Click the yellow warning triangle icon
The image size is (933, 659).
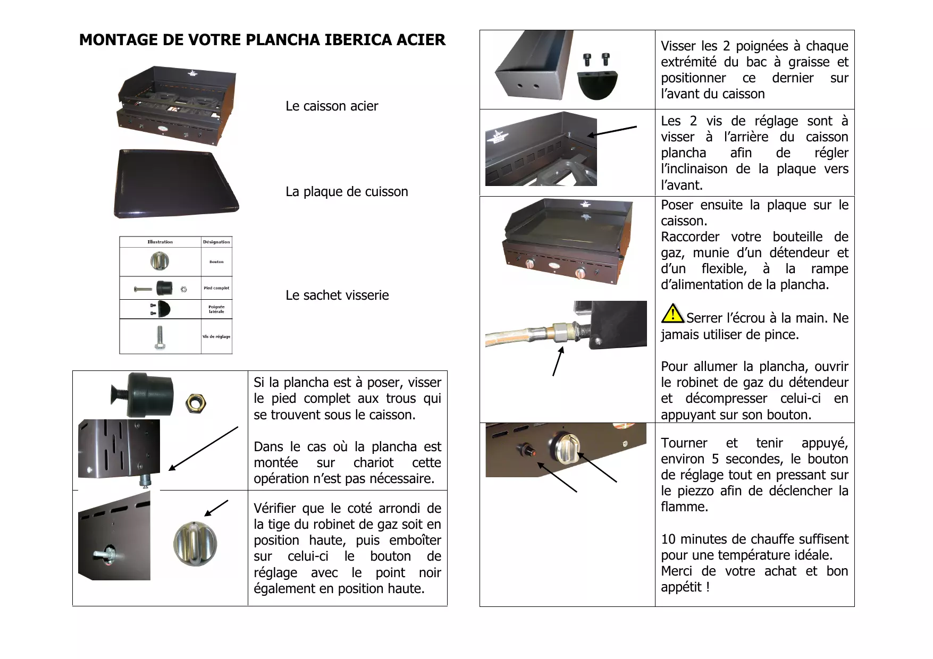[x=673, y=314]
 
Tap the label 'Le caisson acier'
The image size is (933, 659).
[x=332, y=106]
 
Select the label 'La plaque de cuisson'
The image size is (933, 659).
[x=347, y=192]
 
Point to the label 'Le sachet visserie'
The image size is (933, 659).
[x=337, y=295]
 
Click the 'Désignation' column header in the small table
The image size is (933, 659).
[x=216, y=242]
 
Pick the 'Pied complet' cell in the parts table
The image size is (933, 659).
[x=216, y=288]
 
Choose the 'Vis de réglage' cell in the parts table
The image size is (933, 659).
[x=216, y=336]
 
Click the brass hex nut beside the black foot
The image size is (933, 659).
[x=196, y=404]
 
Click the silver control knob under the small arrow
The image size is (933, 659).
[x=195, y=543]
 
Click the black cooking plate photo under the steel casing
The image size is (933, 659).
[x=175, y=183]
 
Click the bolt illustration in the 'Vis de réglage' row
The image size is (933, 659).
[x=159, y=337]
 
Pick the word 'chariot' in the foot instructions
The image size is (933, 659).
[x=373, y=463]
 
